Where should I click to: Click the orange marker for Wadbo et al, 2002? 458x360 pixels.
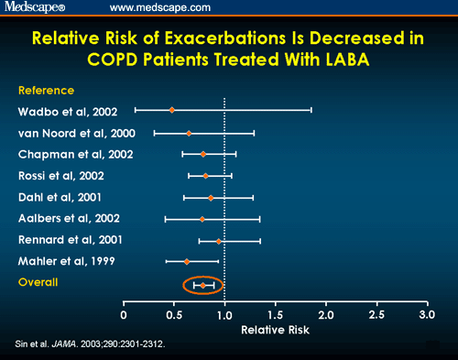click(171, 110)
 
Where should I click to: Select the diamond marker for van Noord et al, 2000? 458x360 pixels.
click(189, 133)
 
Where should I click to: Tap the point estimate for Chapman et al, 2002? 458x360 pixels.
click(203, 154)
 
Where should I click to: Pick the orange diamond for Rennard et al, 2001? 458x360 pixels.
click(219, 241)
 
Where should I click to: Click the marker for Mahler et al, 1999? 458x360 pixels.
click(187, 262)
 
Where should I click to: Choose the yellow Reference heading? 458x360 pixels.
click(46, 91)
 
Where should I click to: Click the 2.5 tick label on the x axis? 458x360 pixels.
click(376, 315)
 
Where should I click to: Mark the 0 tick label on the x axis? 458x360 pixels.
click(125, 315)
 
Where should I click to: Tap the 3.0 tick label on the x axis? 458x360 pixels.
click(426, 315)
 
